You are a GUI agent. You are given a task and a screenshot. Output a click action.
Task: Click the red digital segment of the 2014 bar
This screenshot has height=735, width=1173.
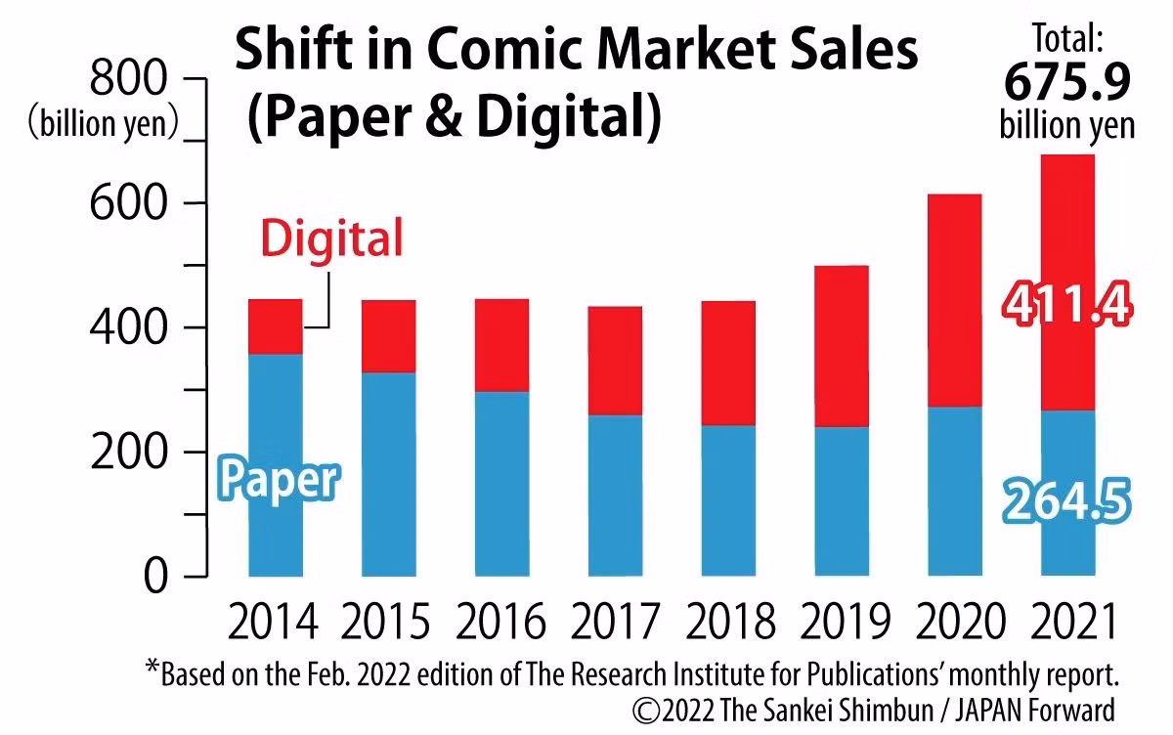pos(276,326)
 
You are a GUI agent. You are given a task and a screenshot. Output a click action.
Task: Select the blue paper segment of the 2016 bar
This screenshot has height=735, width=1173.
pos(501,483)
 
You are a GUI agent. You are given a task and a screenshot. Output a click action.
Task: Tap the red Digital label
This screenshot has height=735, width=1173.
pos(331,238)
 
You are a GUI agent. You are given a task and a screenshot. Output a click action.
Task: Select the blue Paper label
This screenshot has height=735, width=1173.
pos(278,480)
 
